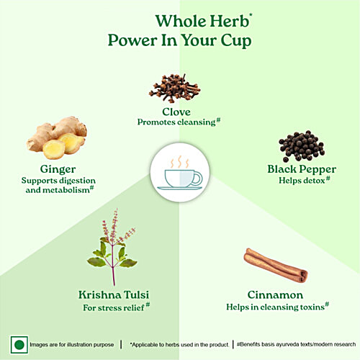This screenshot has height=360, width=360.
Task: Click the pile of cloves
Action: (x=175, y=88)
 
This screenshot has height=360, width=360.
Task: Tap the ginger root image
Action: (x=57, y=138)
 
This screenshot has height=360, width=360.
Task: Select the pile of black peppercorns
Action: (x=302, y=146)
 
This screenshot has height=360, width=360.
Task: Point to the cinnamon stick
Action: (x=276, y=265)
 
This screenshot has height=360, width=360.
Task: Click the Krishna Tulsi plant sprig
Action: (x=112, y=247)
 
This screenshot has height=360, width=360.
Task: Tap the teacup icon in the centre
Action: (x=180, y=179)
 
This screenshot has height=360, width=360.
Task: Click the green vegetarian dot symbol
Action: (x=19, y=345)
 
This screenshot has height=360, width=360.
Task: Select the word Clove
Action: (x=176, y=112)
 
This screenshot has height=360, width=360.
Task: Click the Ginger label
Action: (x=58, y=169)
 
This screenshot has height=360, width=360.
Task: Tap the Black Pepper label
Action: (x=302, y=169)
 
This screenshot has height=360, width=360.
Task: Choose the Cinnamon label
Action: (x=275, y=295)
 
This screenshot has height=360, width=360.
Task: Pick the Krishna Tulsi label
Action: (x=114, y=294)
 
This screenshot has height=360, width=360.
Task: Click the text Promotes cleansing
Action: (x=176, y=122)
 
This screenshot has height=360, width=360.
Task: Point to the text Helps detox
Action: (x=302, y=181)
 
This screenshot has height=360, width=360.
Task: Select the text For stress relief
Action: (x=114, y=307)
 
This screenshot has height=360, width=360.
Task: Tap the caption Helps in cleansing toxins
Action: (x=275, y=307)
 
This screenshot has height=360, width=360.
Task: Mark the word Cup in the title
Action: (x=236, y=41)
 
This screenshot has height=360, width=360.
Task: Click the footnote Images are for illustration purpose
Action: (x=72, y=345)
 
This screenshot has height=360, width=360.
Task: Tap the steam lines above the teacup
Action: (x=180, y=162)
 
